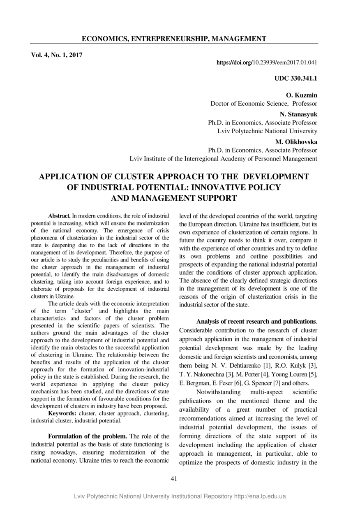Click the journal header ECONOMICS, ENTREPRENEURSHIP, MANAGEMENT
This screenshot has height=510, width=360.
pos(174,39)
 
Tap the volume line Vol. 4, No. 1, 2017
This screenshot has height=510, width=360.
pos(57,54)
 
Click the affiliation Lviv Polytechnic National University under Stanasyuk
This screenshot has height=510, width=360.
pos(267,131)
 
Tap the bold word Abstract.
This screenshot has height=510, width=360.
pos(60,216)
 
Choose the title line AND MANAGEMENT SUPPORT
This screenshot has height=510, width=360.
pos(174,198)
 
